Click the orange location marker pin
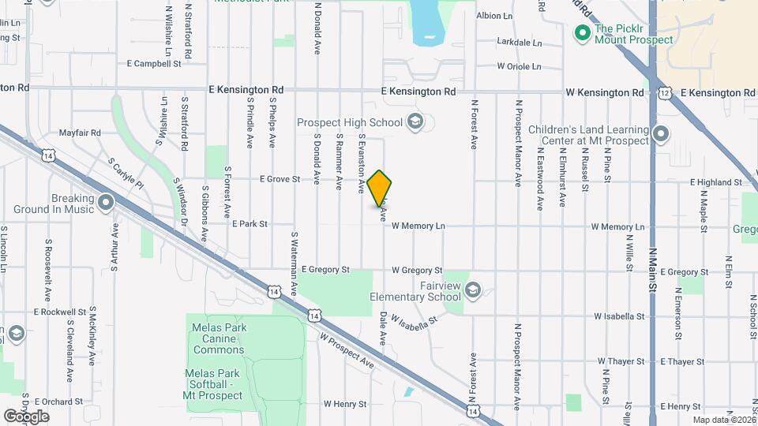[x=380, y=189]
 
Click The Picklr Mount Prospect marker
[x=583, y=33]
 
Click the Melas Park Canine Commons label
[x=216, y=338]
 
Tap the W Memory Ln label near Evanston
[x=418, y=226]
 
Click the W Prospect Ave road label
[x=347, y=350]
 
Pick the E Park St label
[x=250, y=224]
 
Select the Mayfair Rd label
[x=80, y=133]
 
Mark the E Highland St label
[x=716, y=182]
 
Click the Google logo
[x=26, y=416]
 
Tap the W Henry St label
[x=345, y=404]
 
